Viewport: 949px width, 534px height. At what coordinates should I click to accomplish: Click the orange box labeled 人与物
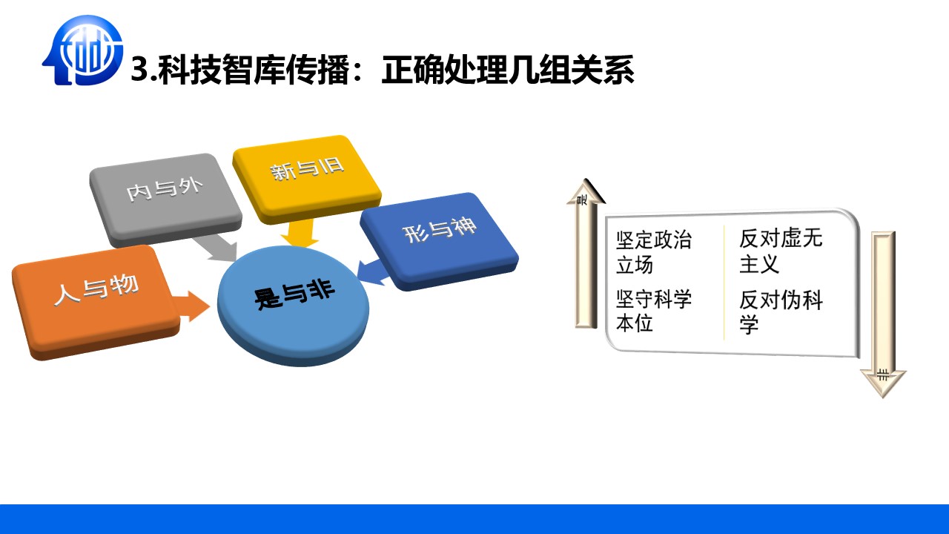pyautogui.click(x=96, y=301)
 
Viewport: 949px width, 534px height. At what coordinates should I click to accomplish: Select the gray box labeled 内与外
pyautogui.click(x=165, y=200)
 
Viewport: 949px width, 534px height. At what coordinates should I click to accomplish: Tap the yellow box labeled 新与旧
pyautogui.click(x=307, y=178)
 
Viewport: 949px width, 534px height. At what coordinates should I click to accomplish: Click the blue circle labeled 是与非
pyautogui.click(x=293, y=305)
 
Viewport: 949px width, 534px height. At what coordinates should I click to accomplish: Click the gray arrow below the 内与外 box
pyautogui.click(x=215, y=249)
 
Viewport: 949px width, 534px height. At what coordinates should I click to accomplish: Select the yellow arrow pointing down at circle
pyautogui.click(x=300, y=233)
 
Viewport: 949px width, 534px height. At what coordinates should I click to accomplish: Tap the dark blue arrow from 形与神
pyautogui.click(x=372, y=271)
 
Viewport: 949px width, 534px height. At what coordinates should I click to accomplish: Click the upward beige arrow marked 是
pyautogui.click(x=586, y=254)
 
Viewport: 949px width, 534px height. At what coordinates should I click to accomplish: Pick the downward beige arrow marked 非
pyautogui.click(x=883, y=314)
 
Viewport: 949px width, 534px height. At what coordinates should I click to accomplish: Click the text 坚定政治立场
pyautogui.click(x=654, y=253)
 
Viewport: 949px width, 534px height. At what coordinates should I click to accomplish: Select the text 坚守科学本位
pyautogui.click(x=654, y=311)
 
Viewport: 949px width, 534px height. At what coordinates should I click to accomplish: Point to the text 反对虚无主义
pyautogui.click(x=781, y=251)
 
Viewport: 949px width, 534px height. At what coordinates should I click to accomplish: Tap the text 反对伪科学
pyautogui.click(x=781, y=312)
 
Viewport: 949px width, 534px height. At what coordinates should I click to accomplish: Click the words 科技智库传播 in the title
pyautogui.click(x=254, y=69)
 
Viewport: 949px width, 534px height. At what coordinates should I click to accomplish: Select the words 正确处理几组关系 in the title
pyautogui.click(x=508, y=69)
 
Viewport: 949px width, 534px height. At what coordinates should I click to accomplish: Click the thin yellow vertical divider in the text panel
pyautogui.click(x=724, y=283)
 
